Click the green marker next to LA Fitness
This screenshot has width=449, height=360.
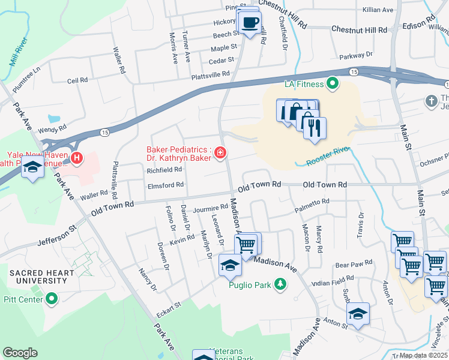(331, 83)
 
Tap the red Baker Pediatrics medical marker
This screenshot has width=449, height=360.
(220, 154)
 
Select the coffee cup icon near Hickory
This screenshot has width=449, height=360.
(250, 23)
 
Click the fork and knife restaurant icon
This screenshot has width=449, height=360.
(315, 128)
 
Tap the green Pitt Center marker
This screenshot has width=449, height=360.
(52, 298)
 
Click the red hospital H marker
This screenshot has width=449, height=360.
(76, 158)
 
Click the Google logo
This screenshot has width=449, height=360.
(20, 352)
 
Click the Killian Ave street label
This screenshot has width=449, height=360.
(378, 10)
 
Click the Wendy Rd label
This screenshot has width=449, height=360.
(47, 130)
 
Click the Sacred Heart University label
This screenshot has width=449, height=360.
(41, 277)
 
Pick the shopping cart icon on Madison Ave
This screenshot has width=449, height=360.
(246, 244)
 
